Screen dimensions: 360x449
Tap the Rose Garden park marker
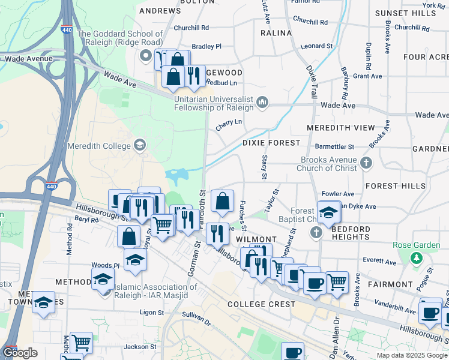[x=415, y=257]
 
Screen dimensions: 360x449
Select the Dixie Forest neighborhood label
[x=271, y=143]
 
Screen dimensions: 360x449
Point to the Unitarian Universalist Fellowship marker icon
[x=262, y=103]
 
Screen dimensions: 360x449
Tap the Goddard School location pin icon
[x=145, y=57]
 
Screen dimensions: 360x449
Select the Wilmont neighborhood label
[x=256, y=239]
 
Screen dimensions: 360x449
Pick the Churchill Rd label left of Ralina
[x=191, y=28]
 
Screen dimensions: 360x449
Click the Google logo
[x=20, y=352]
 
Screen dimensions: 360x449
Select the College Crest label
[x=261, y=304]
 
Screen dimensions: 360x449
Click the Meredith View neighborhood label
[x=340, y=128]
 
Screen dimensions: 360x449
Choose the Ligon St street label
[x=152, y=313]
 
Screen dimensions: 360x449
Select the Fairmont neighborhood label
[x=391, y=284]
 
